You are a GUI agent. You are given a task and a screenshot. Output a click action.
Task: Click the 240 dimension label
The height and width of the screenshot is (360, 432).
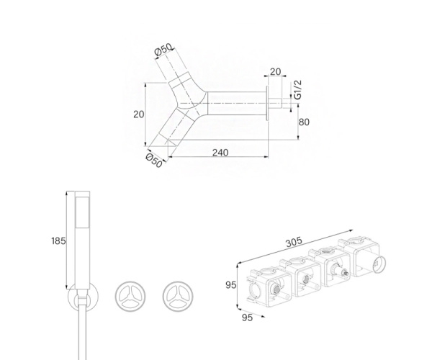(220, 153)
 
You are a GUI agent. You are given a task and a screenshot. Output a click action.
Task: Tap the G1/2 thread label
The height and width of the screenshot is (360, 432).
(298, 90)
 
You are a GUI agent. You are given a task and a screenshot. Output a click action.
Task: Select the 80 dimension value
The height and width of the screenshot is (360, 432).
(304, 122)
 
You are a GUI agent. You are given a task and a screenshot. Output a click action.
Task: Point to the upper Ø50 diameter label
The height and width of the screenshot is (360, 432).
(163, 50)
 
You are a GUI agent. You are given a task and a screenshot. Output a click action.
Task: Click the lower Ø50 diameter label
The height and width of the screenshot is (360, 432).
(154, 161)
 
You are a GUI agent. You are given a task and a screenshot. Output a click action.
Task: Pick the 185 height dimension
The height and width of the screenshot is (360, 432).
(59, 241)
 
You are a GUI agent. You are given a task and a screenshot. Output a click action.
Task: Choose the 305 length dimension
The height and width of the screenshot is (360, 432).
(294, 242)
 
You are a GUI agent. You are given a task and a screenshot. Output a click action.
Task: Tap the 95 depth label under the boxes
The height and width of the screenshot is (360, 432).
(247, 318)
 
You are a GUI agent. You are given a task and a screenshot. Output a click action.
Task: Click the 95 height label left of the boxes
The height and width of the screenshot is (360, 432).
(231, 285)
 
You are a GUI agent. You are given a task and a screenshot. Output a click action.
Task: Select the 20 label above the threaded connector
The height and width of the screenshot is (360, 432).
(275, 71)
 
